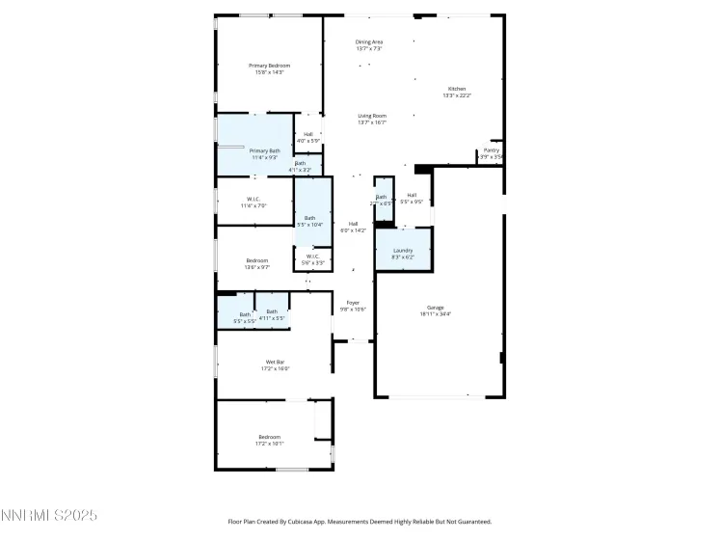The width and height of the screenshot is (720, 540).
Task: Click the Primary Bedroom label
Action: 272,66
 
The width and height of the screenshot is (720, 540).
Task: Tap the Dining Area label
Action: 369,41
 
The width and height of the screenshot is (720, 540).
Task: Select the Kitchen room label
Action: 456,89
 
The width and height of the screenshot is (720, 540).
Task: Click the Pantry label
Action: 492,150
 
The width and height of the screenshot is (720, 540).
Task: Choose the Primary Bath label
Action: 265,150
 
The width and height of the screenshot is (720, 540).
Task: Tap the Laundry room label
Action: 402,251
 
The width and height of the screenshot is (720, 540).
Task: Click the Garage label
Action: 438,309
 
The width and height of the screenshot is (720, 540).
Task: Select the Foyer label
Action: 353,303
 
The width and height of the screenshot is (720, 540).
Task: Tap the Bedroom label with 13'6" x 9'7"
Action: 256,260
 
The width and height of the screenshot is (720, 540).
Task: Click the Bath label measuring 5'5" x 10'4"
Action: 310,218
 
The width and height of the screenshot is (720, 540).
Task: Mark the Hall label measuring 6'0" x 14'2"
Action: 353,224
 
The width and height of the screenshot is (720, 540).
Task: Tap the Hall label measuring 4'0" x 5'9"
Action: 308,134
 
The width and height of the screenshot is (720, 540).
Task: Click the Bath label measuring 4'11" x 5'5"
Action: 272,311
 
